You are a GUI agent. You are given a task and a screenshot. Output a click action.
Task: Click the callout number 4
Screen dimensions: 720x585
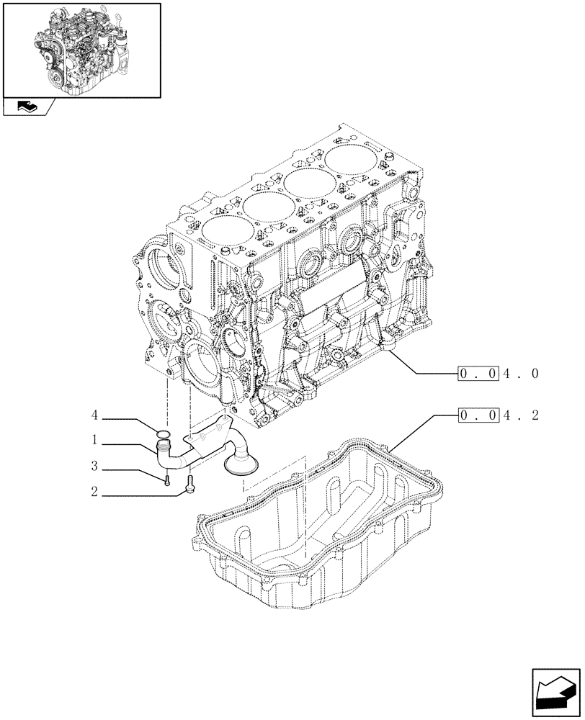[x=94, y=416]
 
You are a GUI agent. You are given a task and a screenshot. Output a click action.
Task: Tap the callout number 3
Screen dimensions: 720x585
[x=94, y=467]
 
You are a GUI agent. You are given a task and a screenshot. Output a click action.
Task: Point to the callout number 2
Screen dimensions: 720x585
[x=94, y=494]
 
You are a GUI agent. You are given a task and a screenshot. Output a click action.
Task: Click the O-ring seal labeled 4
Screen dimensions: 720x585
[x=164, y=434]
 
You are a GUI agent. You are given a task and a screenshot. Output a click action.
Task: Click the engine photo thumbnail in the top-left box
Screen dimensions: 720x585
[x=81, y=49]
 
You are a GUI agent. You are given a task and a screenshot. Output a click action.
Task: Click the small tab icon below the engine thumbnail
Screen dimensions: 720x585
[x=27, y=108]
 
